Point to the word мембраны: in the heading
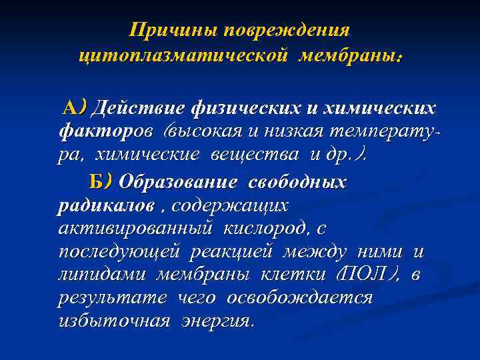click(x=351, y=56)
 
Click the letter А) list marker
click(x=74, y=107)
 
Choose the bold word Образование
click(x=179, y=181)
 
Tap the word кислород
click(x=266, y=229)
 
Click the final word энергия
click(x=215, y=321)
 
